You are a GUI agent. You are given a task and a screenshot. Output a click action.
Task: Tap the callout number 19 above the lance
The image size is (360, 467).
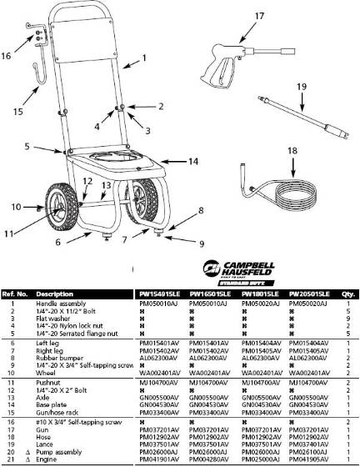coord(301,86)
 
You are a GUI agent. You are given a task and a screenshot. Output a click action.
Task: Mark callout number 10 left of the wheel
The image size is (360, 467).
coord(15,206)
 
